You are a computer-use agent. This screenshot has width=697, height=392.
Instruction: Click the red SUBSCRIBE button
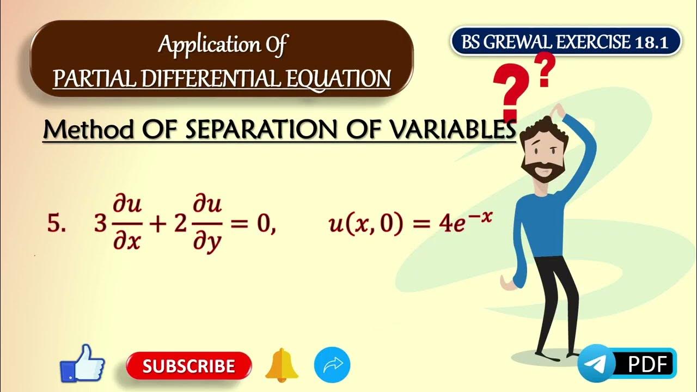coord(188,365)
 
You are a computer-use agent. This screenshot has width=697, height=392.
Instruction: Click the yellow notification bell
coord(282,365)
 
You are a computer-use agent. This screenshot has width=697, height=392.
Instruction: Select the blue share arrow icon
coord(332,365)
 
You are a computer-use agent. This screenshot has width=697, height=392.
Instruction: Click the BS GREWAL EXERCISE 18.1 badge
coord(566,42)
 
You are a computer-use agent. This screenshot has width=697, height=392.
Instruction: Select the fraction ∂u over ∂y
coord(207,224)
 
